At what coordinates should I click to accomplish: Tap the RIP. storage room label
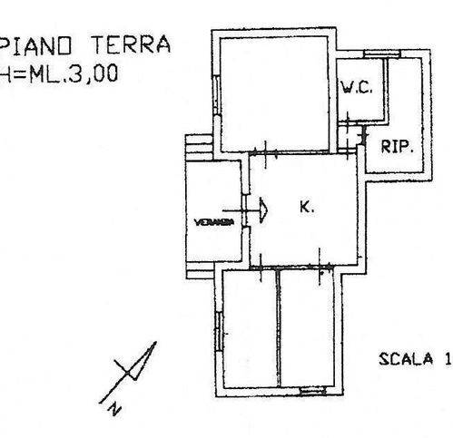click(x=397, y=148)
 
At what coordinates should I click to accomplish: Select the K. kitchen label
click(x=306, y=207)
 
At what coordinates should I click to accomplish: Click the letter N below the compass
click(x=113, y=408)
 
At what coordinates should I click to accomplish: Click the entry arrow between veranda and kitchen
click(x=262, y=208)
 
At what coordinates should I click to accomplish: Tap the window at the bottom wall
click(x=313, y=390)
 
